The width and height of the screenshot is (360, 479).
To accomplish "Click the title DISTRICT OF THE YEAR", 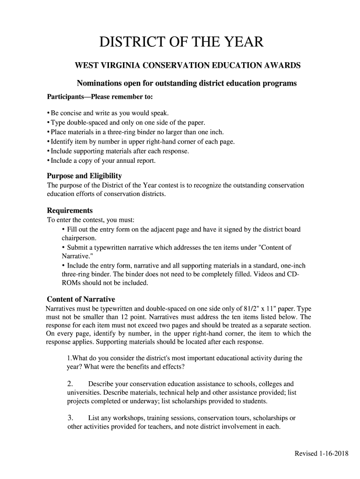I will (181, 43).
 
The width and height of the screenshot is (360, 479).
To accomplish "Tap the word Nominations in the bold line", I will (100, 84).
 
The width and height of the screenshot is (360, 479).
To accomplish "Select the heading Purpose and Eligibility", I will (84, 176).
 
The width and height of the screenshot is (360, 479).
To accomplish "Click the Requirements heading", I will (70, 210).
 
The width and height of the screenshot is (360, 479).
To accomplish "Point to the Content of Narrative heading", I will (81, 299).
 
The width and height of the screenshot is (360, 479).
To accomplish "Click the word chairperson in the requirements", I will (79, 238).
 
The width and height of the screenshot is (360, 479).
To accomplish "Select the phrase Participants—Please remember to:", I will (100, 97).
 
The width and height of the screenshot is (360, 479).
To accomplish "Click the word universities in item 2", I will (85, 393).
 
